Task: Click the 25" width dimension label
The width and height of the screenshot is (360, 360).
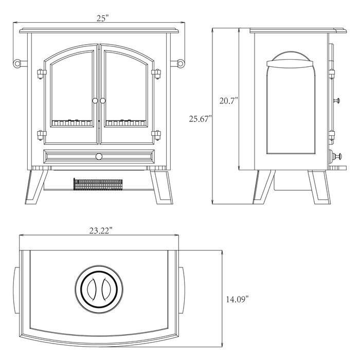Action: [102, 18]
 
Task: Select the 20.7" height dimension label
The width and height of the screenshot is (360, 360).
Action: [228, 101]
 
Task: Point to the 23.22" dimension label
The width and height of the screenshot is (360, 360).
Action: [101, 230]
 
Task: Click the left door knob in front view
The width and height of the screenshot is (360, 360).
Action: [95, 101]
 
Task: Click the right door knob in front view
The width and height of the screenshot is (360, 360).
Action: [103, 101]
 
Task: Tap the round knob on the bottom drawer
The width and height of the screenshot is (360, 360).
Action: [99, 156]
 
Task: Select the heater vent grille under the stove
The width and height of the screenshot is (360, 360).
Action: [98, 184]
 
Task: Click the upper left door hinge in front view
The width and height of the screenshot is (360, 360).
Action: [42, 74]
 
